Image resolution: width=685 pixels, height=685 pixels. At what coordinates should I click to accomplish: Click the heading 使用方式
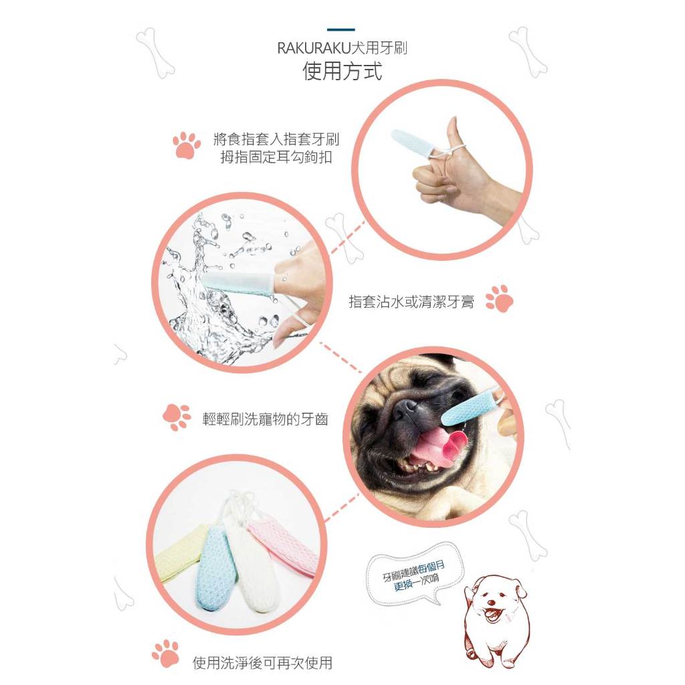[x=342, y=71]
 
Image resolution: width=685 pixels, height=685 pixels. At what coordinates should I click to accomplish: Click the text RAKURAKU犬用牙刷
[x=342, y=47]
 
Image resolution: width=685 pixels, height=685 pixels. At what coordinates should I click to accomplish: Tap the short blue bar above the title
[x=340, y=29]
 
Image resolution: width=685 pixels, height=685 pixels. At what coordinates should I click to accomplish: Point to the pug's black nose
[x=405, y=409]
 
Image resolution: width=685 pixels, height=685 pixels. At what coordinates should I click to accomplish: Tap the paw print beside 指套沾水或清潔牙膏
[x=499, y=299]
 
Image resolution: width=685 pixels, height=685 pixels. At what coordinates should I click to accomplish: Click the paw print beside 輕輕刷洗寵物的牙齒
[x=177, y=417]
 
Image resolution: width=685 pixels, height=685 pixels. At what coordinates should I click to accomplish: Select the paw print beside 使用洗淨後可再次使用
[x=166, y=654]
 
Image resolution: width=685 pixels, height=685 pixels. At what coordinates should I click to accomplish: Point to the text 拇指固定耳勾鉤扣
[x=276, y=157]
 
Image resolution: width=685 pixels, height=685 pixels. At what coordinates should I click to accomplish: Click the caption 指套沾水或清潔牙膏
[x=411, y=302]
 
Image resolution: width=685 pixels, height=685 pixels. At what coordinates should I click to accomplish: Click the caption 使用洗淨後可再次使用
[x=262, y=663]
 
